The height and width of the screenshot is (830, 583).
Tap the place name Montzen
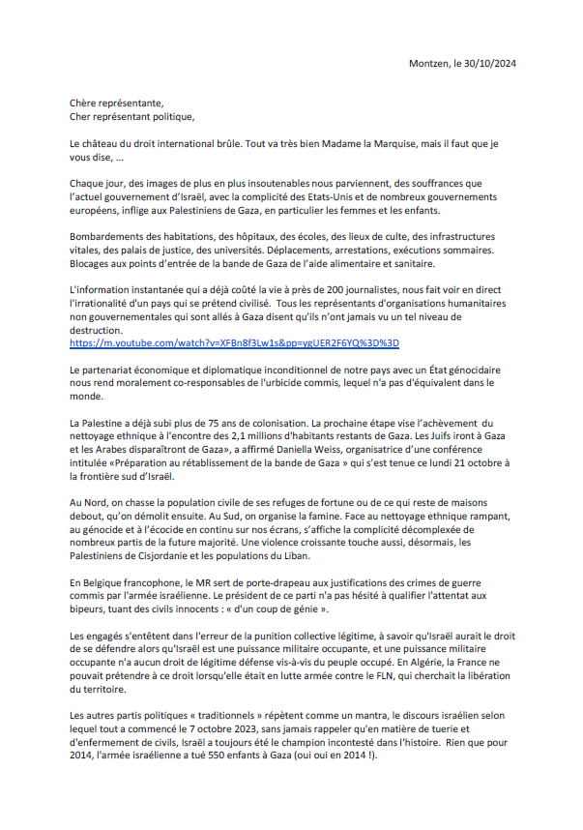click(x=431, y=64)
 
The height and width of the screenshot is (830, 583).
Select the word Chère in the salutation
click(x=85, y=103)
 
